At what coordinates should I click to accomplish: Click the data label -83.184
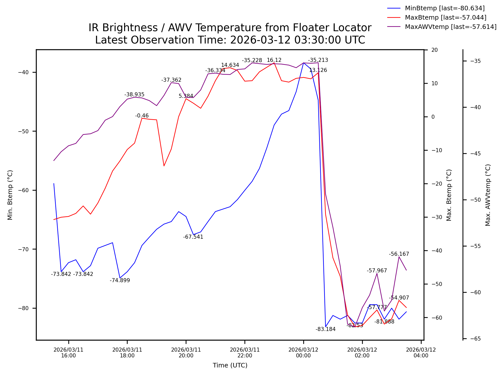[325, 329]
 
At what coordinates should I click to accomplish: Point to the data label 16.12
[274, 60]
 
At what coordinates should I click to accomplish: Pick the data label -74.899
[120, 280]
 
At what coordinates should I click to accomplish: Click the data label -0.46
[142, 116]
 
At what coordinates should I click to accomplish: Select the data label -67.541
[193, 237]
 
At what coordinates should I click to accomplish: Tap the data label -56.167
[399, 254]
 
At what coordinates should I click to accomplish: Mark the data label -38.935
[134, 95]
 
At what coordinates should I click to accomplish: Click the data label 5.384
[186, 96]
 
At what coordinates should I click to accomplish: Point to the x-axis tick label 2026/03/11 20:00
[186, 353]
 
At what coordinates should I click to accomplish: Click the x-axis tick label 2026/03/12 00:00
[303, 353]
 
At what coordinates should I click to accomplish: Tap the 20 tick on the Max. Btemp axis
[434, 50]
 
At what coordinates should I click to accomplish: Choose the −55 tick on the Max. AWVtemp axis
[475, 246]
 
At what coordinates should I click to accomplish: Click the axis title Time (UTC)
[230, 365]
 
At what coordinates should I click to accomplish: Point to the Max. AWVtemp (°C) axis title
[488, 195]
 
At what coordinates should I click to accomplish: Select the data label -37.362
[171, 80]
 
